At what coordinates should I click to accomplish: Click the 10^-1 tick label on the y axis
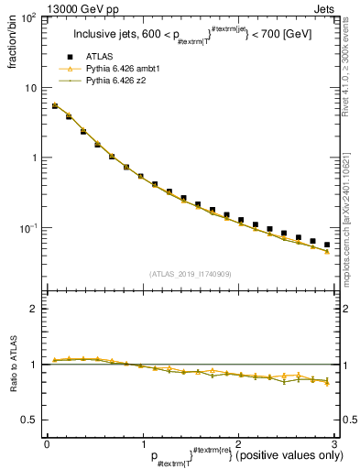[27, 228]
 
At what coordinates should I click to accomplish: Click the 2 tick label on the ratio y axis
[34, 309]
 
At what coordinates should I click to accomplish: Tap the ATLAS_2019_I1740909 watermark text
[189, 274]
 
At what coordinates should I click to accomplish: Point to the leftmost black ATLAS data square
[55, 106]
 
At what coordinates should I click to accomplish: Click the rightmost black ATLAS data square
[327, 245]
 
